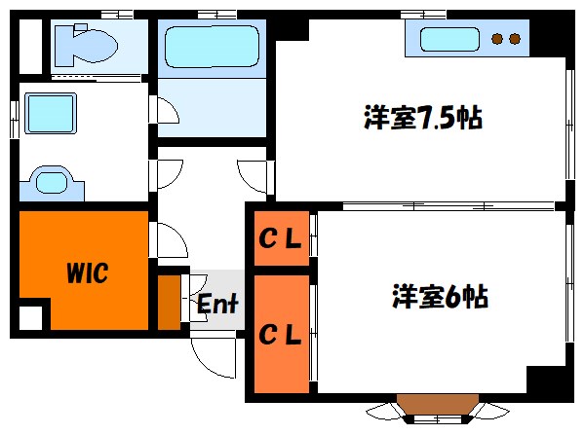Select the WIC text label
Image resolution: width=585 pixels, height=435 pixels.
pos(87,272)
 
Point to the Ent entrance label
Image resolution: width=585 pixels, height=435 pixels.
pos(217,305)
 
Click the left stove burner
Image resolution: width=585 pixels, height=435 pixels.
pos(497,40)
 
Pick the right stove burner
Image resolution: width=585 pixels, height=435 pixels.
pos(514,40)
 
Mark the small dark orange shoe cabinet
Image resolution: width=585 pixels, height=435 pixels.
pos(170,303)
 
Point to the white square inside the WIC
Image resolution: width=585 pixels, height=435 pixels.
pos(32,318)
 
